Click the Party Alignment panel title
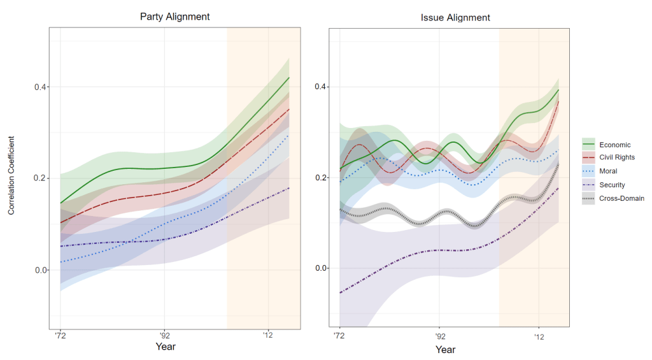175,17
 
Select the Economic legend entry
614,145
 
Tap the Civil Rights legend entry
616,158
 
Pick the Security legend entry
612,185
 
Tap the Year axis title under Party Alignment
166,347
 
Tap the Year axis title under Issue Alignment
446,350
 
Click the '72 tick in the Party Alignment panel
60,335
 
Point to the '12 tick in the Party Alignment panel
268,335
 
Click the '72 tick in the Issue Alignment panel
339,335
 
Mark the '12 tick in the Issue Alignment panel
539,335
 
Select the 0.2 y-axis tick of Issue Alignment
322,178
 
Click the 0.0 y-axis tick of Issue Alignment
322,268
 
